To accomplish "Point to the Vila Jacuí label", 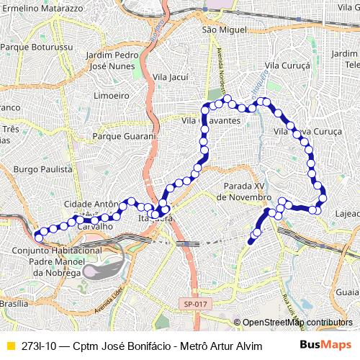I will click(171, 76).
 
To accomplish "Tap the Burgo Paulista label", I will click(42, 169).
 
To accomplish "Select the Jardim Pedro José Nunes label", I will click(112, 60).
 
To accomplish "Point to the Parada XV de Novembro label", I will click(245, 192).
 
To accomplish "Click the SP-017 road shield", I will click(194, 305).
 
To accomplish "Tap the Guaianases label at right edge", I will click(347, 292).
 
